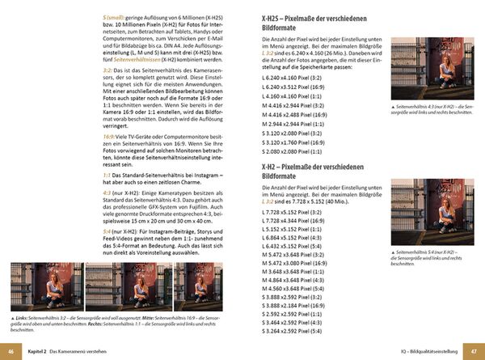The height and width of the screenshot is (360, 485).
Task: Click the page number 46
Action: (x=10, y=350)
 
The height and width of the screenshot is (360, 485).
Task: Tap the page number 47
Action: (x=474, y=350)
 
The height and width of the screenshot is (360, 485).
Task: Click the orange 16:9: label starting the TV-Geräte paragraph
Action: (x=110, y=138)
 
